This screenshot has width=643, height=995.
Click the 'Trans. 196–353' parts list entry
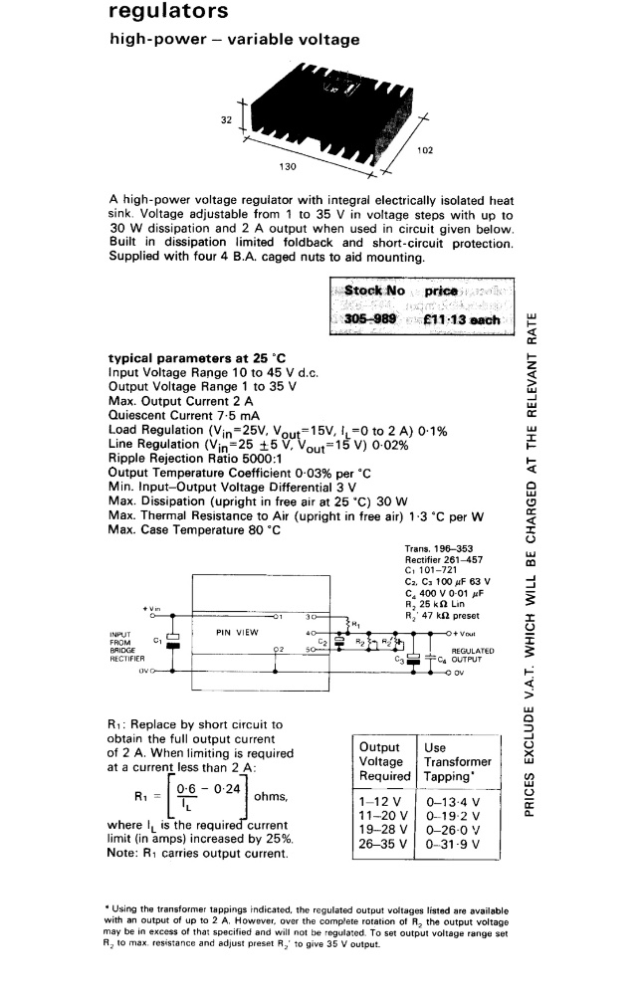click(438, 548)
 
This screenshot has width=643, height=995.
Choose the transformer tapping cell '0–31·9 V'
click(453, 844)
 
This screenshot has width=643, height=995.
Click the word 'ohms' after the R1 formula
click(271, 797)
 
